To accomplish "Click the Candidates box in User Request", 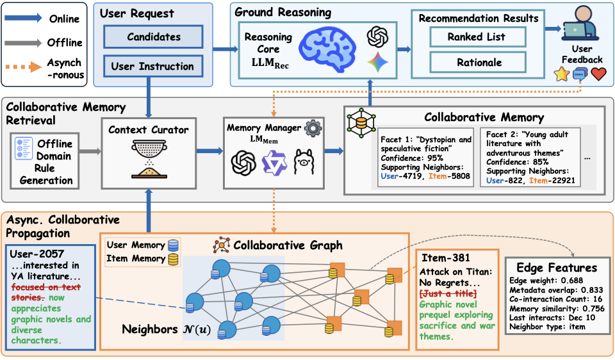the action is (153, 37).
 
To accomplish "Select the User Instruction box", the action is (153, 66).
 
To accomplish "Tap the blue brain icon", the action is (327, 50).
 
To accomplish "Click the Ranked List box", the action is (478, 37).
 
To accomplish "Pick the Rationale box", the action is (478, 62).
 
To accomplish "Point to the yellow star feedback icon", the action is (562, 74).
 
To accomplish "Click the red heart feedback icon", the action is (598, 73).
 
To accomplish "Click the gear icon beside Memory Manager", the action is (313, 128).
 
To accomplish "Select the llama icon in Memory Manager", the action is (304, 162).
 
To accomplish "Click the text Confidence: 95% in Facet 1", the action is (412, 158).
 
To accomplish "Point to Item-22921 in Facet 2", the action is (552, 181).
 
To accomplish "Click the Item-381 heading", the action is (446, 258).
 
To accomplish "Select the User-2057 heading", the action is (37, 254).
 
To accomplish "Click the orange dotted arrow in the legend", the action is (24, 67).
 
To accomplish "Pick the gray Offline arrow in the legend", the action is (24, 43).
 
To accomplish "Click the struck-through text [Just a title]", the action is (448, 293).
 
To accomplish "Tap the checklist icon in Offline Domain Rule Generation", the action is (24, 148).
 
